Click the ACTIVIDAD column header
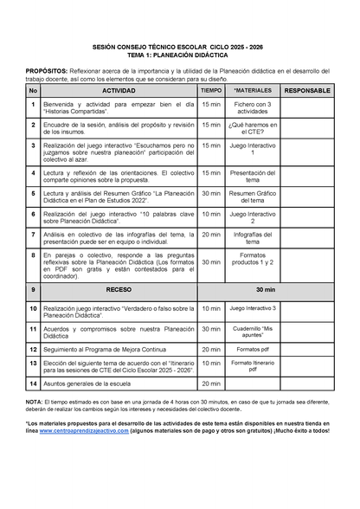[119, 90]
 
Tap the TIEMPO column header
[211, 90]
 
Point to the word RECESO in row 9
[119, 289]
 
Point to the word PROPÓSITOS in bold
[46, 69]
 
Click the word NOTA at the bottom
[34, 403]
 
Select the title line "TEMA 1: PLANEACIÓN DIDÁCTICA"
[179, 54]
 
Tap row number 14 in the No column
[33, 383]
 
